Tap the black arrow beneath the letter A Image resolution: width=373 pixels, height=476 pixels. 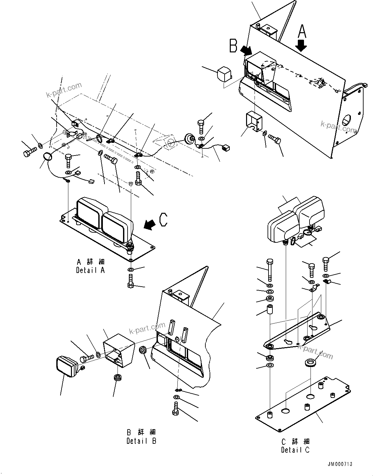(x=302, y=45)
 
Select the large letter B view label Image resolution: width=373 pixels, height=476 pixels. (x=233, y=46)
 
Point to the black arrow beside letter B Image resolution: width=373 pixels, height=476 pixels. (x=246, y=50)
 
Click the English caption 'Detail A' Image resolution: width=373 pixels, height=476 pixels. (x=90, y=270)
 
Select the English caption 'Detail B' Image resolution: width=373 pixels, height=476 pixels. (x=141, y=441)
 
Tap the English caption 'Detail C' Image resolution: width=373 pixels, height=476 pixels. (x=296, y=450)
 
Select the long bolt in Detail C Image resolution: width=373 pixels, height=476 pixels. (x=269, y=270)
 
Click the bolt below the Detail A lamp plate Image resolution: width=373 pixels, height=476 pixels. (x=130, y=281)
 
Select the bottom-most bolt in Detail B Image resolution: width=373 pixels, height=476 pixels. (x=175, y=409)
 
